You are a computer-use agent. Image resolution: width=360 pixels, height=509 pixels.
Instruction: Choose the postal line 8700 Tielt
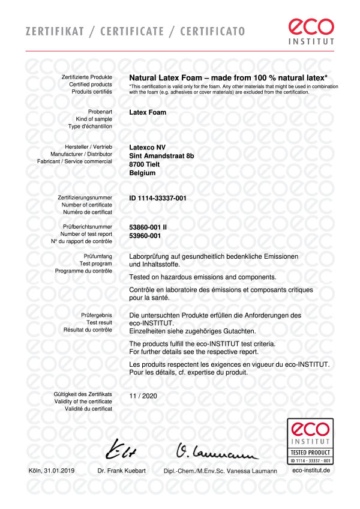click(x=147, y=164)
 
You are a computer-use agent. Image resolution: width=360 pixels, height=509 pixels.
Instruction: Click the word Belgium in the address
click(x=142, y=173)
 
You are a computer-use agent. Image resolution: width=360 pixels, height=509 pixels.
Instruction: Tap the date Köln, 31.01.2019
click(x=52, y=471)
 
